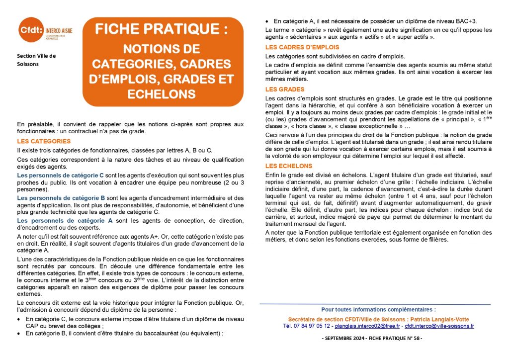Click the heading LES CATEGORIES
44,141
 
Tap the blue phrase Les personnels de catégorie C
60,176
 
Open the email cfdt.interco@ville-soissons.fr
439,326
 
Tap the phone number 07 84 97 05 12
312,326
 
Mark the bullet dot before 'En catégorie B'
19,334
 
